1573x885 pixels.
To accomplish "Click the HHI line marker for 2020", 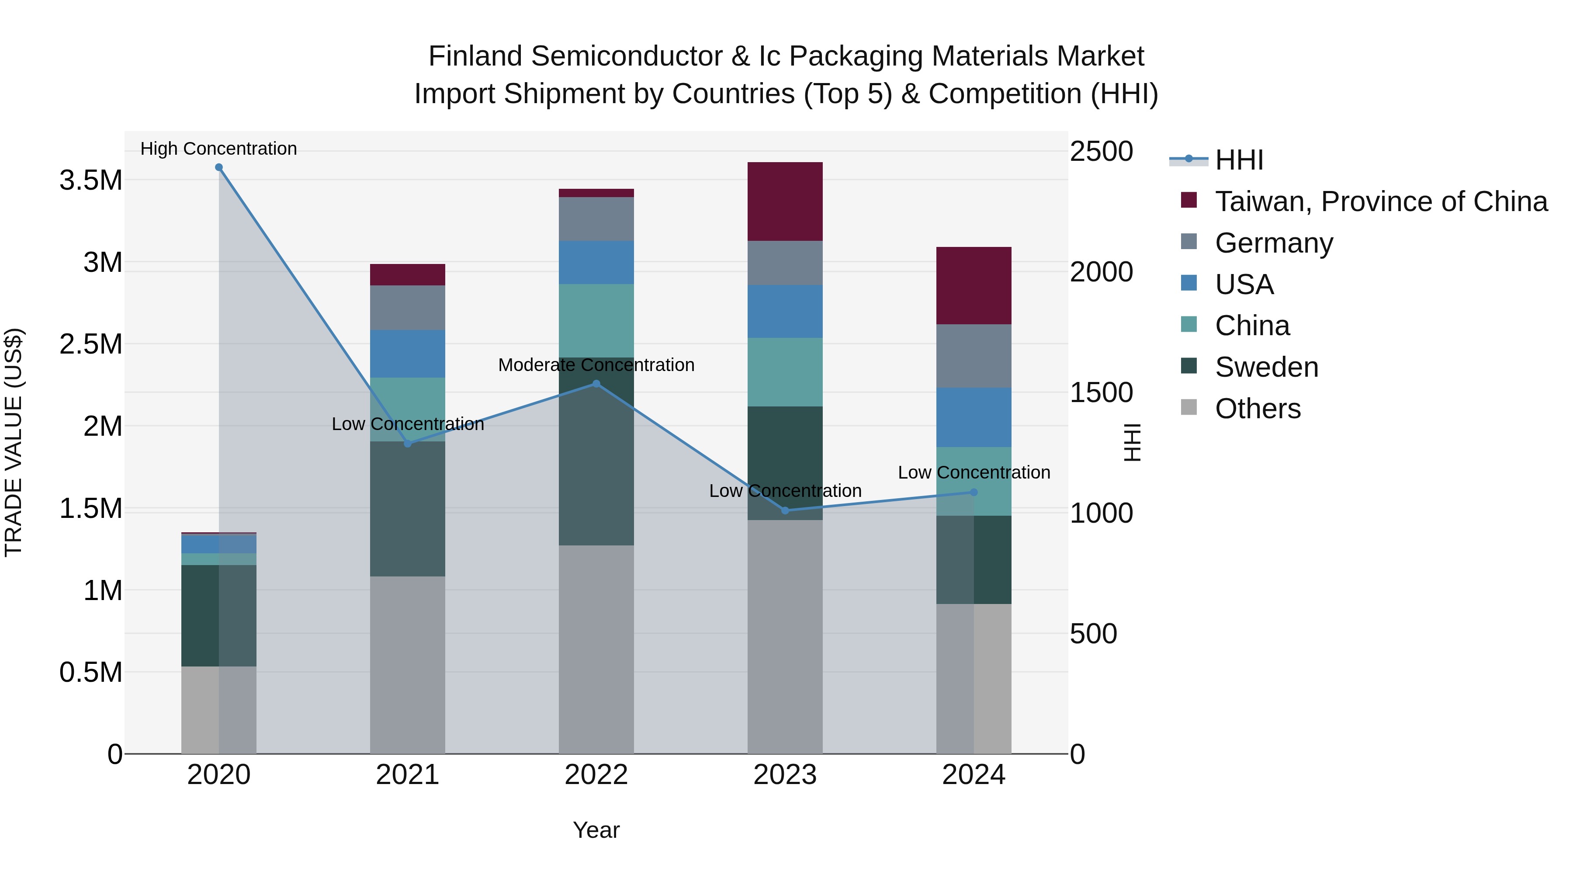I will coord(218,167).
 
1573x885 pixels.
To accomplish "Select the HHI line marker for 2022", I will coord(596,384).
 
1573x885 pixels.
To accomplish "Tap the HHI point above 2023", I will coord(785,510).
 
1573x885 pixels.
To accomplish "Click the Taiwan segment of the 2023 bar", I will coord(785,201).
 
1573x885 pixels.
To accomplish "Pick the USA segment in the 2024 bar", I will coord(974,417).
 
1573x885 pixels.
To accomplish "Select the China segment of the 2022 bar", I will coord(596,321).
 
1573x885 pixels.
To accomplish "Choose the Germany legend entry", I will coord(1274,243).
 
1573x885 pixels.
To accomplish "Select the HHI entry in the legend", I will coord(1239,160).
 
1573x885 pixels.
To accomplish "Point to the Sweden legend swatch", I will coord(1189,367).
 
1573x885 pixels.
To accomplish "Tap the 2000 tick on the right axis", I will coord(1101,272).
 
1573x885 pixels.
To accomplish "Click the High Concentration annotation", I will coord(218,149).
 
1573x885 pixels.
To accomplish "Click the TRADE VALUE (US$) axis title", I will coord(14,442).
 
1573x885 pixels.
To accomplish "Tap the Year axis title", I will coord(596,830).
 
